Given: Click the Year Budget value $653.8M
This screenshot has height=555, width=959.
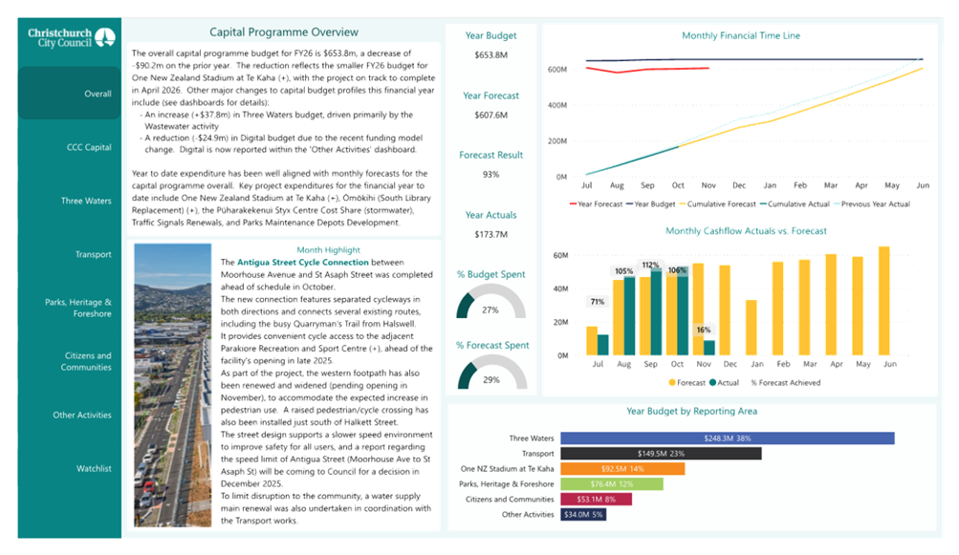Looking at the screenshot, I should [490, 55].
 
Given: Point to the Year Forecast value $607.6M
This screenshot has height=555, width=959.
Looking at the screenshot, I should [490, 115].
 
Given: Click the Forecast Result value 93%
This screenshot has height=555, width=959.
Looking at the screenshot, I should [490, 175].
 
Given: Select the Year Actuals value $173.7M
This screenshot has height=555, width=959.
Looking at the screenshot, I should [490, 234].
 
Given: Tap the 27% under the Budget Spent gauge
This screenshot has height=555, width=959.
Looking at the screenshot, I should [490, 310].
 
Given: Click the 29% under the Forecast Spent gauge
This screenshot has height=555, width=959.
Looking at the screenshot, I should [490, 380].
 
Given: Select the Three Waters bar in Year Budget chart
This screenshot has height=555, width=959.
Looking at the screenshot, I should [727, 438].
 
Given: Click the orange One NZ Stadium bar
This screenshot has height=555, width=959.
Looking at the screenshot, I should [622, 469].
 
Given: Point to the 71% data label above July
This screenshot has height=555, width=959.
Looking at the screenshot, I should [598, 302].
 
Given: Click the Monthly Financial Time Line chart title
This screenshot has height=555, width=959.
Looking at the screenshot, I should [741, 35].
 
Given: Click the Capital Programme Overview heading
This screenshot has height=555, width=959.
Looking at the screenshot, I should [284, 32].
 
